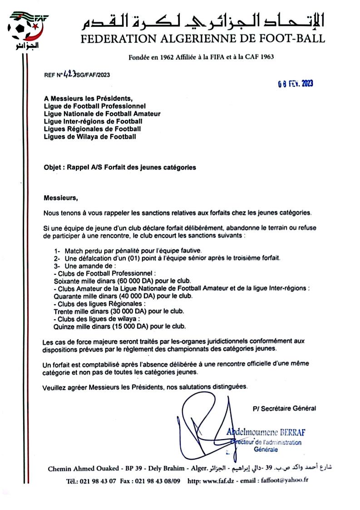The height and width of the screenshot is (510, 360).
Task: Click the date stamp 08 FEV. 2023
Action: pos(296,84)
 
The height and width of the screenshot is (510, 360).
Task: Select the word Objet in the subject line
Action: pos(54,167)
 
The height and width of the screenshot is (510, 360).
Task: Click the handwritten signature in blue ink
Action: pos(204,425)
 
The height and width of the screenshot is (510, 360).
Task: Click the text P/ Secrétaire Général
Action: pos(284,408)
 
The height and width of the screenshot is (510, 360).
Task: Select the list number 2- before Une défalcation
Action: pos(57,258)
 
